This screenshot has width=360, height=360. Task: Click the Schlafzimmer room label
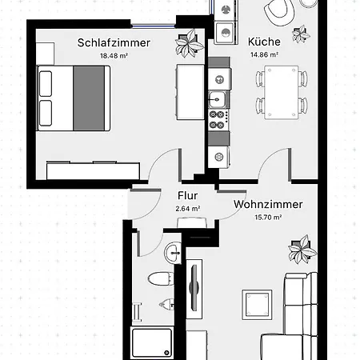coord(114,42)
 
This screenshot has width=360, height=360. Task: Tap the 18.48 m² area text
coord(114,56)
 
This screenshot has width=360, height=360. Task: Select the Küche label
coord(263,42)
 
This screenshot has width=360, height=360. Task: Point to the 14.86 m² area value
coord(263,55)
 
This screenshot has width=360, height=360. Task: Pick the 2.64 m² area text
coord(187,209)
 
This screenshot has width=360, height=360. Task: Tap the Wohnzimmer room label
coord(268,204)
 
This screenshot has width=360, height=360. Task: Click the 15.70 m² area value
coord(268,217)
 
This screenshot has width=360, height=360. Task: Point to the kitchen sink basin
coord(216,99)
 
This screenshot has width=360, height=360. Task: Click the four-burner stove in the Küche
coord(218,120)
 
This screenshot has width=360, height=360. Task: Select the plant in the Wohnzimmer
coord(302,249)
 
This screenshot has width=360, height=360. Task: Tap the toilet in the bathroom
coord(161,280)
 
